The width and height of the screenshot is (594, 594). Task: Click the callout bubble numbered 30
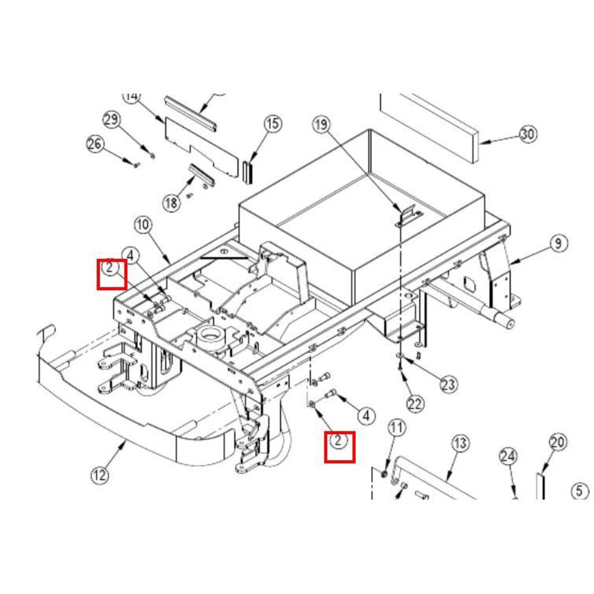(527, 134)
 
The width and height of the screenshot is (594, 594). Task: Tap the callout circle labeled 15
(272, 124)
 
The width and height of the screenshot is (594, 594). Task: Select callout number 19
(321, 125)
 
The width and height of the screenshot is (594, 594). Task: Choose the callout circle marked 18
(172, 203)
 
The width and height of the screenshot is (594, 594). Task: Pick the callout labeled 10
(143, 225)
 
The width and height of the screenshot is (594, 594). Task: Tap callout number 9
(558, 243)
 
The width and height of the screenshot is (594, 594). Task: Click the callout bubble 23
(449, 384)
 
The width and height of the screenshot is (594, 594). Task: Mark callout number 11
(396, 427)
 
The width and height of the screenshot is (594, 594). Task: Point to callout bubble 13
(460, 443)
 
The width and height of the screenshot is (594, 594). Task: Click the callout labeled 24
(508, 456)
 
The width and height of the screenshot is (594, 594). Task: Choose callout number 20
(557, 442)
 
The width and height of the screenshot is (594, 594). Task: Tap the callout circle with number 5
(580, 491)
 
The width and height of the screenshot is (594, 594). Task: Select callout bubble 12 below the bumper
(100, 475)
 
